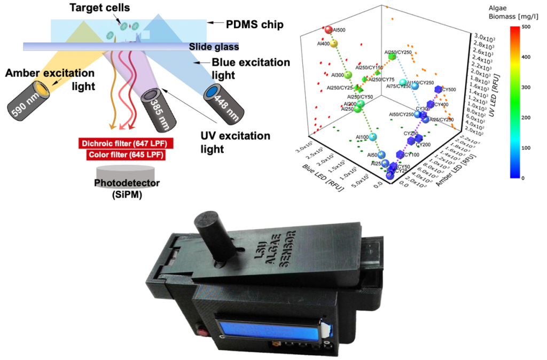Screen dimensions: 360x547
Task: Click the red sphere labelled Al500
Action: click(329, 30)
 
